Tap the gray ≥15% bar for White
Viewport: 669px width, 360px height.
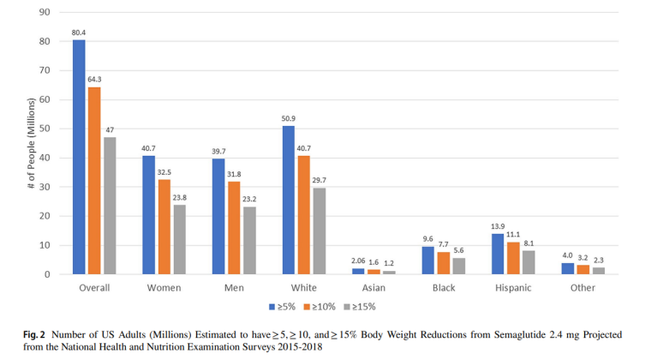click(x=319, y=231)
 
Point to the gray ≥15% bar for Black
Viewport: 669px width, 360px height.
click(x=458, y=266)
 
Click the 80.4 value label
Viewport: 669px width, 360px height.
click(x=79, y=33)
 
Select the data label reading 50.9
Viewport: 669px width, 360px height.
click(x=288, y=119)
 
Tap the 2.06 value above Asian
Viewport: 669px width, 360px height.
click(x=359, y=261)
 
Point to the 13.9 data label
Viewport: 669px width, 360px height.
click(x=498, y=226)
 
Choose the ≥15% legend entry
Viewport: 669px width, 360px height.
click(x=359, y=306)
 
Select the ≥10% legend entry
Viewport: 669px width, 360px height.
click(x=320, y=306)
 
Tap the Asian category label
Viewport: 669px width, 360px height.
click(x=373, y=288)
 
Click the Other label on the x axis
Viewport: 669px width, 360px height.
click(x=582, y=288)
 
